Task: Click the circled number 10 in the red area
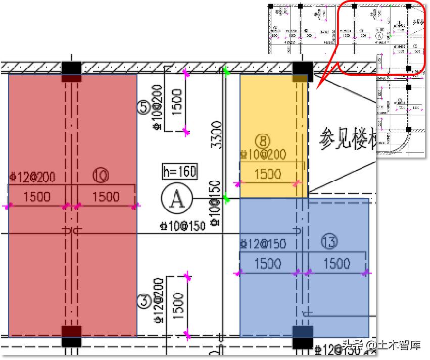tap(101, 176)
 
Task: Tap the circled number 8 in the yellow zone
tap(263, 140)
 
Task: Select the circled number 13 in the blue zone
tap(329, 243)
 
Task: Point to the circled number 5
tap(144, 106)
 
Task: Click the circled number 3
tap(144, 301)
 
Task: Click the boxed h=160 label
tap(179, 172)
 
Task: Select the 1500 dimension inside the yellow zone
tap(268, 174)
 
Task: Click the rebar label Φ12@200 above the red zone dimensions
tap(32, 177)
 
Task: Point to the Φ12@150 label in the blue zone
tap(263, 244)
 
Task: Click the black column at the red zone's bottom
tap(71, 335)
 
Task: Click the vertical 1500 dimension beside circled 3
tap(178, 306)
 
